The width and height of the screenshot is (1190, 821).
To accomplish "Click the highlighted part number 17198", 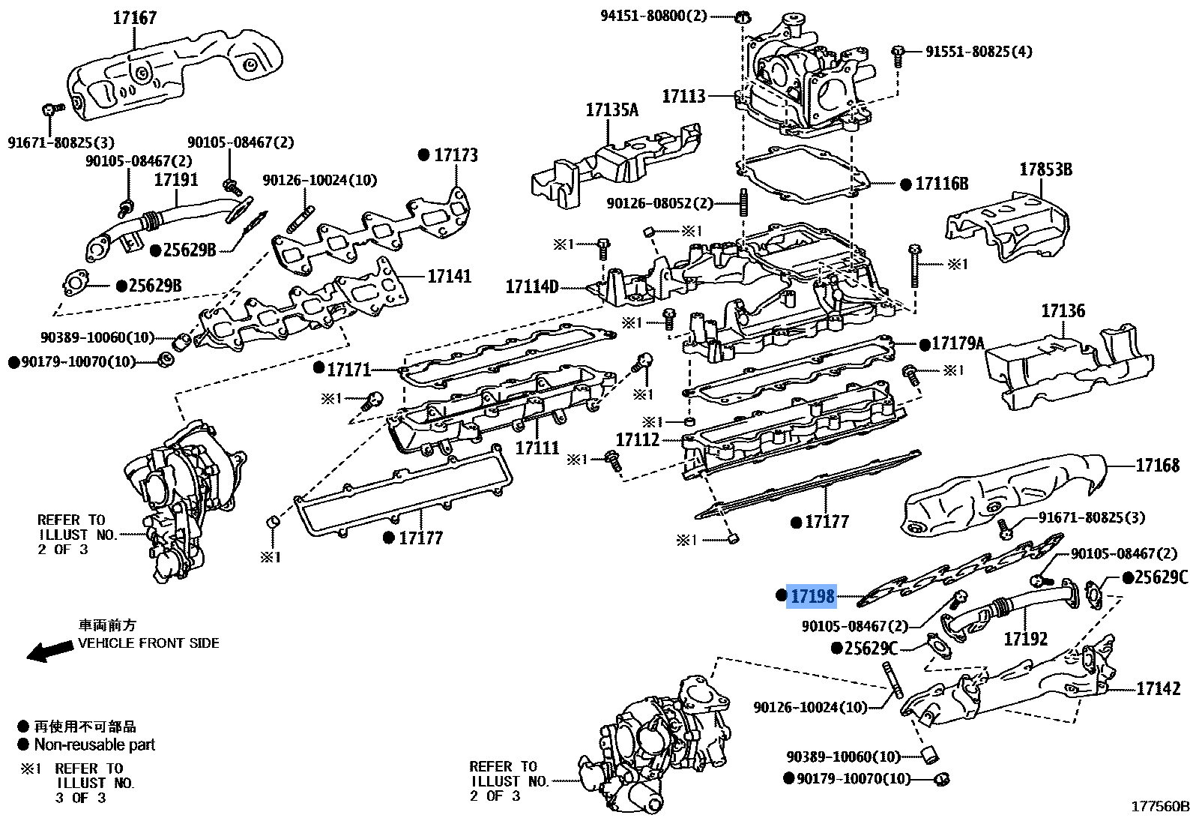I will coord(812,596).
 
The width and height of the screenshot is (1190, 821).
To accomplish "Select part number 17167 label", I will coord(134,16).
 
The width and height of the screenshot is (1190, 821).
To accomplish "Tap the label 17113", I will coord(683,96).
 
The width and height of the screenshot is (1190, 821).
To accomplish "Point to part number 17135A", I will coord(611,110).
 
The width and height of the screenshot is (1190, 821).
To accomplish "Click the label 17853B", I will coord(1045,169).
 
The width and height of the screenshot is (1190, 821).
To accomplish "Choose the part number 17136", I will coord(1063,310).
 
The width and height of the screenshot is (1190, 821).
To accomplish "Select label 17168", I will coord(1157,466).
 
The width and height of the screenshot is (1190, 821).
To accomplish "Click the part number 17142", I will coord(1158,688).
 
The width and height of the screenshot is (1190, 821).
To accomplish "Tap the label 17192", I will coord(1025,639).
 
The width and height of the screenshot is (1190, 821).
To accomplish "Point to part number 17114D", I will coord(532,286).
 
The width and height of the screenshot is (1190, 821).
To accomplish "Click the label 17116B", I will coord(941,184).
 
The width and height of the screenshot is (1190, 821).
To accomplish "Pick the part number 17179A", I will coord(957,343).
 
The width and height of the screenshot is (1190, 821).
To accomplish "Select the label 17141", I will coord(450,276).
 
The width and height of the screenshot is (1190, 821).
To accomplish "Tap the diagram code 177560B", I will coord(1160,807).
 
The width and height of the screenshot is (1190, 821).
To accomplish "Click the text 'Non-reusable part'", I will coord(94,745).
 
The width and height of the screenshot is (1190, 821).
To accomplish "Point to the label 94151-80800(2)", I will coord(653,15).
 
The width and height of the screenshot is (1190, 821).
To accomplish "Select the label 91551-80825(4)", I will coord(978,51).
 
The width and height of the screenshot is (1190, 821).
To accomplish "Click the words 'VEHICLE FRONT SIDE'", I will coord(148,643).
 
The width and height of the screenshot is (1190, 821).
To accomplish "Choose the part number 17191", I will coord(176,180).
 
